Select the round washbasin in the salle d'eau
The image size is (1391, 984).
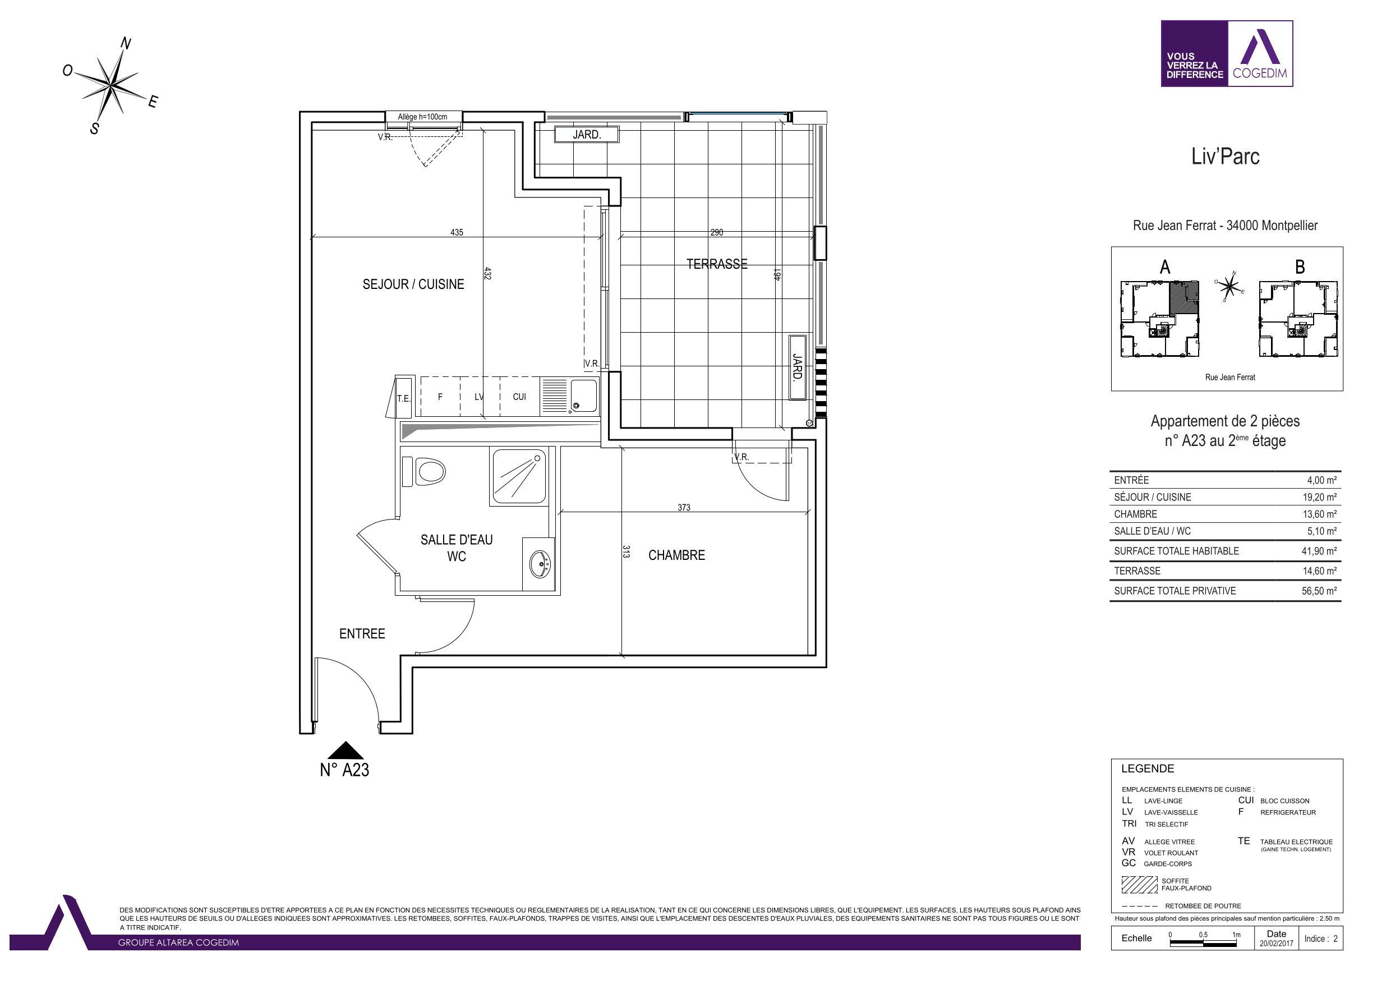tap(539, 564)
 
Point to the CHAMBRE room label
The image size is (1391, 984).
tap(677, 555)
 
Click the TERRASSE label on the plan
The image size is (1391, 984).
tap(717, 264)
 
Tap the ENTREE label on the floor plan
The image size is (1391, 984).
tap(362, 634)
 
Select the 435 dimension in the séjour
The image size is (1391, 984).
tap(457, 232)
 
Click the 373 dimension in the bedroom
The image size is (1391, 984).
tap(684, 507)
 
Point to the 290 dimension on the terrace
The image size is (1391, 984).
tap(717, 232)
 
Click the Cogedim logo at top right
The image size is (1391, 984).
tap(1227, 53)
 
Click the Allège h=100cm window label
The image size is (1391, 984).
tap(422, 116)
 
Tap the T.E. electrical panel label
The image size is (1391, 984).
tap(403, 399)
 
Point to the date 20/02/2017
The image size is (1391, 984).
tap(1276, 944)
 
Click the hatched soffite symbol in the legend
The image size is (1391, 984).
tap(1140, 885)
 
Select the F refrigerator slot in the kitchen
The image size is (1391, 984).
tap(440, 397)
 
